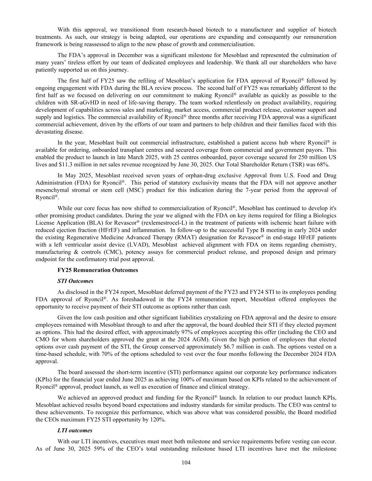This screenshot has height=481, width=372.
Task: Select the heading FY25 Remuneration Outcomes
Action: pos(98,270)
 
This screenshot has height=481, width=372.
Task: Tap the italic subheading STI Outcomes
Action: pos(75,281)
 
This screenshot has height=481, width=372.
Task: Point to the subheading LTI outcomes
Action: pos(75,430)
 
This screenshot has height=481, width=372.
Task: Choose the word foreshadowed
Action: pos(135,299)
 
